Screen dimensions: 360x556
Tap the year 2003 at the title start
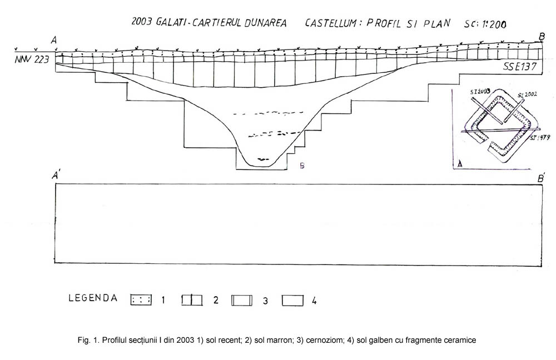[x=143, y=22]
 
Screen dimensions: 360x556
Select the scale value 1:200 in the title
[x=497, y=24]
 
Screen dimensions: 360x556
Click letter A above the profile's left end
[x=54, y=40]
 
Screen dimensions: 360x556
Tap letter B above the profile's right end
[x=542, y=37]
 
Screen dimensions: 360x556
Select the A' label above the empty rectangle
[x=56, y=176]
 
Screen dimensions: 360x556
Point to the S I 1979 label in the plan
[x=542, y=137]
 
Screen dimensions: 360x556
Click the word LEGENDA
[x=93, y=298]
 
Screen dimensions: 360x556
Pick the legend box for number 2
[x=191, y=300]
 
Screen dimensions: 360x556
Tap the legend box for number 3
[x=242, y=300]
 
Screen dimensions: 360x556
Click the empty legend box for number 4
[x=292, y=300]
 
